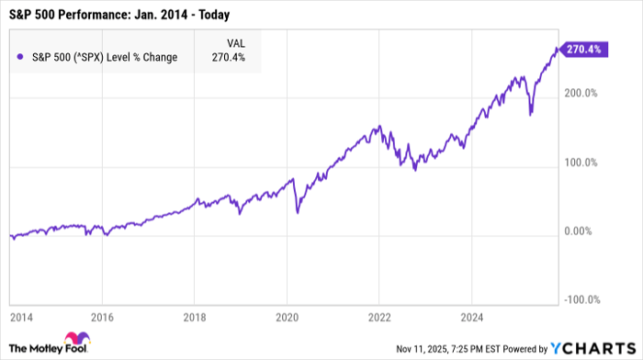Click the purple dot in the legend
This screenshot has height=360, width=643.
(20, 58)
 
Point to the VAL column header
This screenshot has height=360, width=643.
(236, 42)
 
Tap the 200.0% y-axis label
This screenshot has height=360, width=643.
(580, 94)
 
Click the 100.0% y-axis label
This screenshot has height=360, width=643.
(580, 163)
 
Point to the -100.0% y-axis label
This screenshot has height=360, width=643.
(580, 298)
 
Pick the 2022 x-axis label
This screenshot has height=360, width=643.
(378, 319)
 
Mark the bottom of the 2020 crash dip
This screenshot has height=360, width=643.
(298, 214)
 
